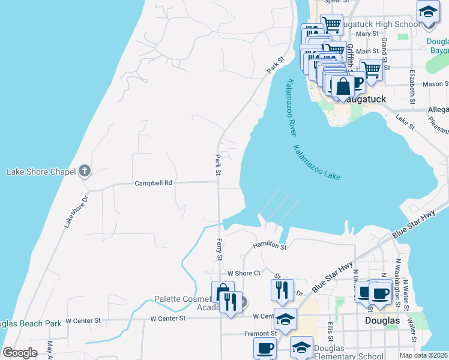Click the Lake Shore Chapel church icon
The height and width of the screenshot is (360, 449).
click(x=85, y=172)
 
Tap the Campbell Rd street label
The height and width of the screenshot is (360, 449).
click(x=153, y=183)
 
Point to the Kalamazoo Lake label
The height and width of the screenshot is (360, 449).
click(x=316, y=163)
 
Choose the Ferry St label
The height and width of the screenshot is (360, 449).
click(x=219, y=248)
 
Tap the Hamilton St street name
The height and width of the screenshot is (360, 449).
click(x=270, y=245)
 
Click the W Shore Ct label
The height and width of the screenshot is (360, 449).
click(x=240, y=273)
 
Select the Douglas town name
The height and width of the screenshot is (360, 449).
click(x=382, y=321)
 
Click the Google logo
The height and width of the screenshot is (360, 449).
click(x=20, y=353)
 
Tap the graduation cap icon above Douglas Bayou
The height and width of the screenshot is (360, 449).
click(x=428, y=13)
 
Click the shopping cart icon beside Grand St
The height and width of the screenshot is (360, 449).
click(x=372, y=70)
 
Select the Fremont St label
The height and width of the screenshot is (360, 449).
click(x=260, y=333)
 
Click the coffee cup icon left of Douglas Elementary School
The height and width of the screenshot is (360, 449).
click(x=265, y=348)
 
